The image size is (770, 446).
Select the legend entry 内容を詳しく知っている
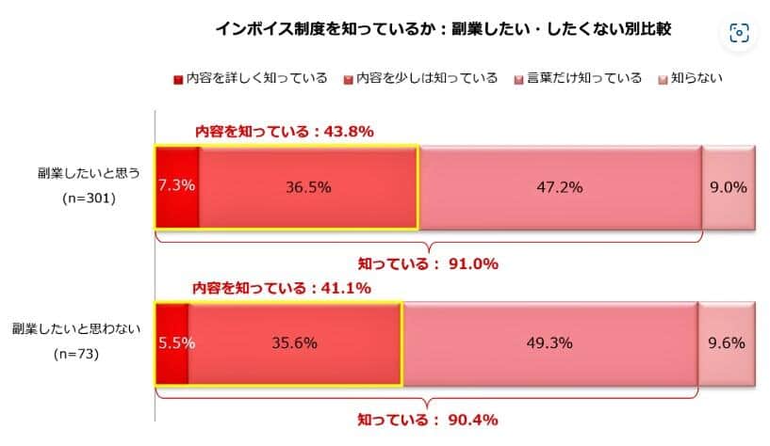(250, 78)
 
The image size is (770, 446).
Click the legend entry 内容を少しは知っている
(420, 78)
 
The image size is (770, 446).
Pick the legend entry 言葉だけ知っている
(578, 78)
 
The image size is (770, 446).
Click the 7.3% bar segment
(177, 186)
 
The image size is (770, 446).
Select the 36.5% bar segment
(308, 186)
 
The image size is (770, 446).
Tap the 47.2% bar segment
(560, 186)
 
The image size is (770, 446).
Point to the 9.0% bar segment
(728, 186)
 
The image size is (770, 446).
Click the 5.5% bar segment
(172, 343)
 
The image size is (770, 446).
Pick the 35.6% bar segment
(295, 343)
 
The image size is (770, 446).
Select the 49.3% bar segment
(549, 343)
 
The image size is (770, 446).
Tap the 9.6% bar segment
(726, 343)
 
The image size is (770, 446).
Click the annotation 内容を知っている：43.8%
(284, 132)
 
